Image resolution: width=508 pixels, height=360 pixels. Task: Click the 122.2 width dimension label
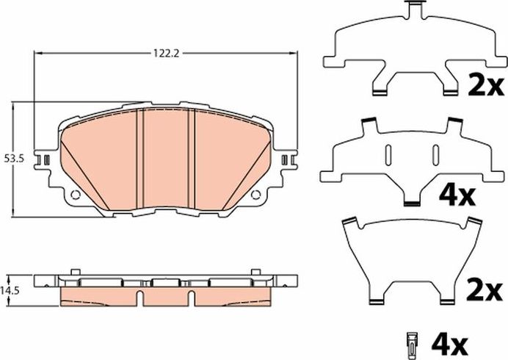(166, 53)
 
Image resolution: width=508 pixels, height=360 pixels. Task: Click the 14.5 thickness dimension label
(8, 290)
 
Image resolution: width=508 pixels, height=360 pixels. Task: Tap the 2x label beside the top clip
(485, 87)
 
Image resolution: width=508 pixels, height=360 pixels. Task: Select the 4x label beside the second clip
(457, 195)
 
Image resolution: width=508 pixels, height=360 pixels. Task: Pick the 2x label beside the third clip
(485, 289)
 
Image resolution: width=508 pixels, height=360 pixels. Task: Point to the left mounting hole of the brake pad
(75, 194)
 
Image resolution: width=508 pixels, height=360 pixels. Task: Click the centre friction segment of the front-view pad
(166, 162)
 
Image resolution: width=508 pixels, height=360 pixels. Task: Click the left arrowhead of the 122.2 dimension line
(38, 53)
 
